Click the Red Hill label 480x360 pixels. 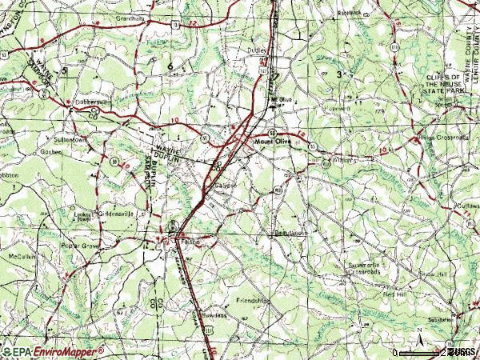point(394,294)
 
